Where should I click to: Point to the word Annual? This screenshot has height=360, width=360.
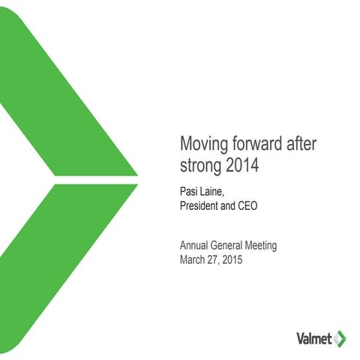pos(195,246)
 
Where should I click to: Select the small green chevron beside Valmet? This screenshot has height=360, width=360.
pos(341,336)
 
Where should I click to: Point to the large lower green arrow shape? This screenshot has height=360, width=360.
pos(60,270)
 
